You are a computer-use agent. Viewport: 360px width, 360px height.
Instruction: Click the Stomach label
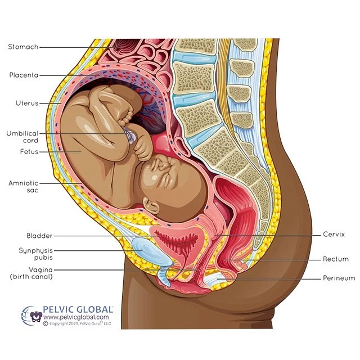[23, 47]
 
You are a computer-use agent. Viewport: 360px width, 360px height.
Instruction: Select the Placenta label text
[24, 75]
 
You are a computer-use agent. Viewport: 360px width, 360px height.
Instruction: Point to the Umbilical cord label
[22, 137]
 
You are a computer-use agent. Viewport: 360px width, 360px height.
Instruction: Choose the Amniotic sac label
[23, 186]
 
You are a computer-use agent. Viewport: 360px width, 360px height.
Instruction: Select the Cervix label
[334, 234]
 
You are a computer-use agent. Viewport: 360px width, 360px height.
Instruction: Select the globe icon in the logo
[31, 314]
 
